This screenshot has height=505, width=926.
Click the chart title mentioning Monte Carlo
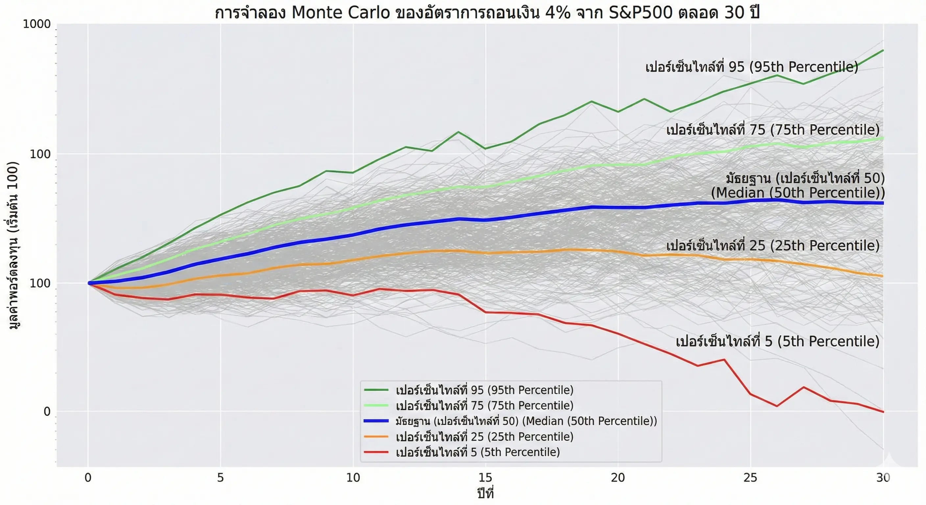[x=487, y=13]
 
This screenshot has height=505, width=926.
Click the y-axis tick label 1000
[x=37, y=24]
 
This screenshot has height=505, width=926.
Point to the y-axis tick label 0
[x=47, y=412]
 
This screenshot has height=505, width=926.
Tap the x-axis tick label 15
[x=485, y=478]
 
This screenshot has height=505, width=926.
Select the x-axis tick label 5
[x=220, y=478]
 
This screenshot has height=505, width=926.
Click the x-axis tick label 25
[x=750, y=478]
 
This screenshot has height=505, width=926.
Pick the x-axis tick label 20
[x=618, y=478]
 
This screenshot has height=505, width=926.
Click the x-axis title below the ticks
[x=485, y=493]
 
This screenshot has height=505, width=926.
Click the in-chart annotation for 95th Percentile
[x=752, y=67]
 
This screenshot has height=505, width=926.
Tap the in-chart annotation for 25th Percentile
[x=772, y=246]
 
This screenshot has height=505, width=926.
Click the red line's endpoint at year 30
[x=883, y=412]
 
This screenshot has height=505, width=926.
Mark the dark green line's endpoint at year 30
[x=883, y=50]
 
